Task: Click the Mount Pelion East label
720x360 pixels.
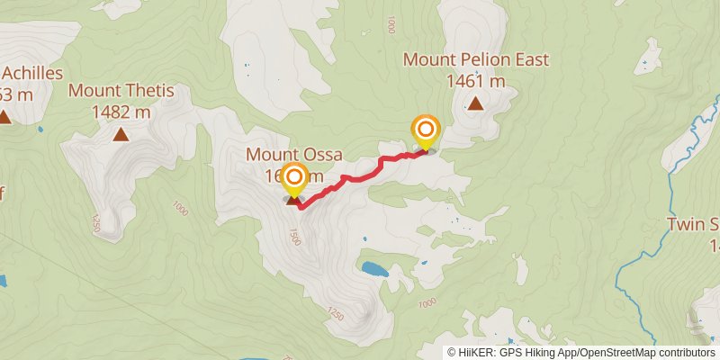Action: tap(475, 60)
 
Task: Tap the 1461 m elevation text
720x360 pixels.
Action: tap(475, 81)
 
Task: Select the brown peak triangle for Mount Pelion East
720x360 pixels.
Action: tap(475, 103)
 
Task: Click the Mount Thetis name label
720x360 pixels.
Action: tap(121, 91)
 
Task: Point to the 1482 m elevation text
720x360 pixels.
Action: tap(121, 112)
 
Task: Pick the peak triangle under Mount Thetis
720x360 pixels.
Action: tap(121, 135)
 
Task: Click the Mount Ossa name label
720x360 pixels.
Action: tap(293, 155)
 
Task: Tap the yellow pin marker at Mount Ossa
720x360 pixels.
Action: tap(293, 179)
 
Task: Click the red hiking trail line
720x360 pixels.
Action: tap(360, 174)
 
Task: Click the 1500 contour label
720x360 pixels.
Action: tap(292, 236)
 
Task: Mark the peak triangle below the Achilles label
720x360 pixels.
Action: tap(4, 116)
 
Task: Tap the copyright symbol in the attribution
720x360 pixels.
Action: tap(453, 352)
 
